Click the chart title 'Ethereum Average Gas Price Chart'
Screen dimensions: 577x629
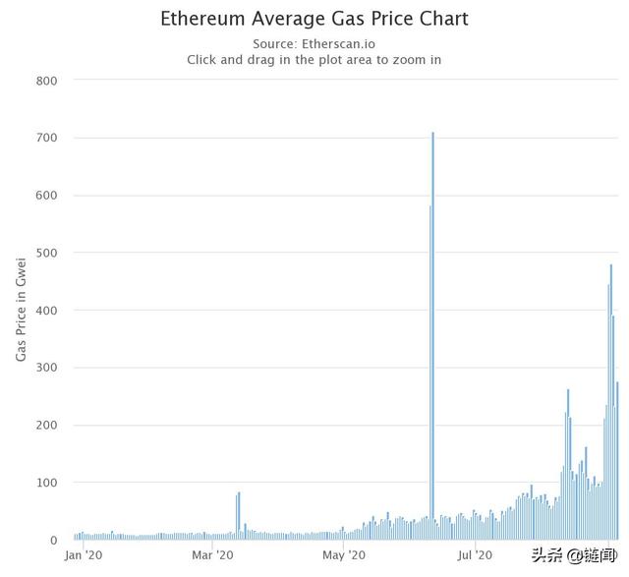[x=314, y=19]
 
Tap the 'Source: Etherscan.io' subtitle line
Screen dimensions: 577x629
[x=314, y=43]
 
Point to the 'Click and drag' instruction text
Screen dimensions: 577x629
[x=314, y=59]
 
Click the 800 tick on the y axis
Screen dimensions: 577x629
[x=46, y=80]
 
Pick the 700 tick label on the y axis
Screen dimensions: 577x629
[x=46, y=138]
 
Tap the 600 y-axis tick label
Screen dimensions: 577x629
[x=46, y=195]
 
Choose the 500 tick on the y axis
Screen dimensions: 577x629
[x=46, y=253]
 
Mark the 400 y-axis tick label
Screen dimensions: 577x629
[x=46, y=310]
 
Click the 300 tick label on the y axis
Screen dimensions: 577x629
[x=46, y=368]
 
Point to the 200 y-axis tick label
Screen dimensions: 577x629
[x=46, y=425]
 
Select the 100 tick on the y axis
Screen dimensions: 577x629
[x=46, y=483]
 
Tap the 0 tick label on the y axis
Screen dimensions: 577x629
[x=54, y=540]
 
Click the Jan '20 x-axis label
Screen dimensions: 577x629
[x=83, y=555]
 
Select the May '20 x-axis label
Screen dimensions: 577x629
[x=344, y=555]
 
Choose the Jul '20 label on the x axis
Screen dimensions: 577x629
[x=475, y=555]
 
